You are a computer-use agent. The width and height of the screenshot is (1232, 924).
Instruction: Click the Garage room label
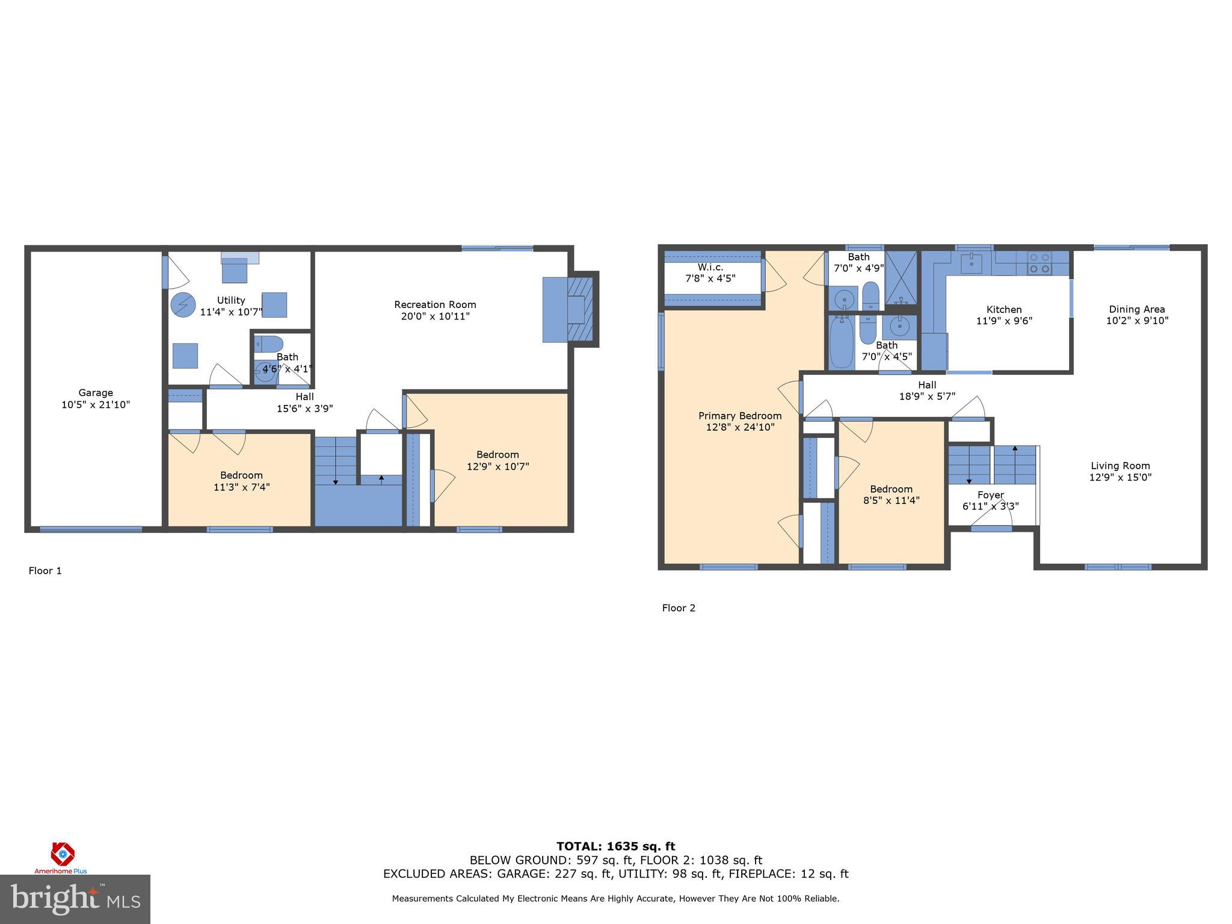coord(96,393)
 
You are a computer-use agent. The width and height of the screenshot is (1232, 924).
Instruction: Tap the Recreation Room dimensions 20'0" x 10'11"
coord(435,316)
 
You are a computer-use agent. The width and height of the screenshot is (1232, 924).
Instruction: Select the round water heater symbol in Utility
coord(183,305)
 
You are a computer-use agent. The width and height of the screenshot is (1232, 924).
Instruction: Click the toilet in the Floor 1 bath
coord(268,344)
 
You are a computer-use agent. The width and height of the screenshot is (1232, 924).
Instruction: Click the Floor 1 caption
coord(45,571)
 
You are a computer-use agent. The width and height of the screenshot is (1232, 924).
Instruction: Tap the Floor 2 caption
coord(679,608)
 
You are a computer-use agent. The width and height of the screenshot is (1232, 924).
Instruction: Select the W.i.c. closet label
coord(710,267)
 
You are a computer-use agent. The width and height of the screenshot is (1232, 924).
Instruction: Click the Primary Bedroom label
coord(740,416)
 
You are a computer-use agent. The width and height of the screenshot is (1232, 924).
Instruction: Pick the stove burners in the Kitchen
coord(1039,262)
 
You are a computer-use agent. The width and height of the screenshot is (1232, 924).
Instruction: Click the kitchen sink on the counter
coord(972,263)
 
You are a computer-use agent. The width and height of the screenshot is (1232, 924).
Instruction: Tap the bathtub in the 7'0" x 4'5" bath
coord(841,343)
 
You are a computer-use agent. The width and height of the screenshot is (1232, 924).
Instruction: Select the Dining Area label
coord(1137,309)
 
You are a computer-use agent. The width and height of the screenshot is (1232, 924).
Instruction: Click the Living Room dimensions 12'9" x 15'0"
coord(1120,478)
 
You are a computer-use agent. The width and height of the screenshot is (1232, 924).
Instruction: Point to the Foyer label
coord(990,495)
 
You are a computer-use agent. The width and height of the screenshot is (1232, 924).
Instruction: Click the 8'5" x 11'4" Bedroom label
coord(891,489)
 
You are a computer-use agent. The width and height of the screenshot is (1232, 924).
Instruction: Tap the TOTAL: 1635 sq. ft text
coord(615,847)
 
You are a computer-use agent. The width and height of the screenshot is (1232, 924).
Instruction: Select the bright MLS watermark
coord(75,899)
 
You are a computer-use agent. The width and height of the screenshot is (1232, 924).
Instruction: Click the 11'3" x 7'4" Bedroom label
coord(241,475)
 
